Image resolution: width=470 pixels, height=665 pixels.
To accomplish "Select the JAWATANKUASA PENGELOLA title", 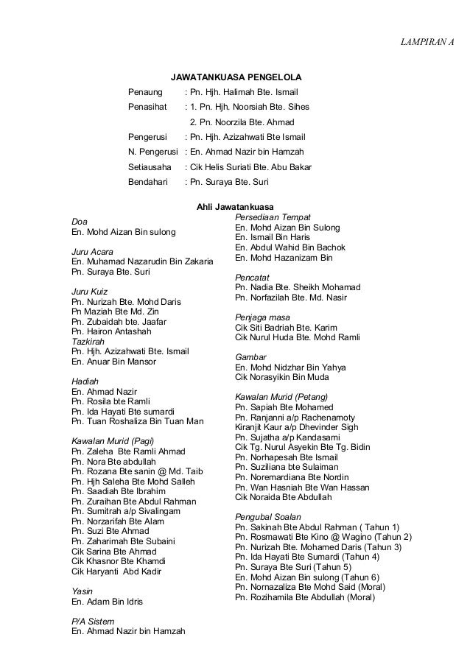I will point(236,77).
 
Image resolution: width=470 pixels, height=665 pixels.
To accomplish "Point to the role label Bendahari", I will point(148,182).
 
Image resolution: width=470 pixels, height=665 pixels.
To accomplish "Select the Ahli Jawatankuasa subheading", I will point(235,208).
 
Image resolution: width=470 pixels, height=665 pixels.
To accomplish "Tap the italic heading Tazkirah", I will point(88,342).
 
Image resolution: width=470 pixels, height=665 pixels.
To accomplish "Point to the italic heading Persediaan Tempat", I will point(272,218).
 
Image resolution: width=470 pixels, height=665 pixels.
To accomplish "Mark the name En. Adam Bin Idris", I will point(107,602).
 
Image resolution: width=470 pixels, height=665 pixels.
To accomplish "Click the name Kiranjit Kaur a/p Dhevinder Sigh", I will point(296,426).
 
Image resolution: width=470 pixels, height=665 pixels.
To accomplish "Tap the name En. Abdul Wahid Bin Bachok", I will point(290,248).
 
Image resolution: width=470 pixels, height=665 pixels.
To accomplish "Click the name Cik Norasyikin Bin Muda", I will point(281,377).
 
